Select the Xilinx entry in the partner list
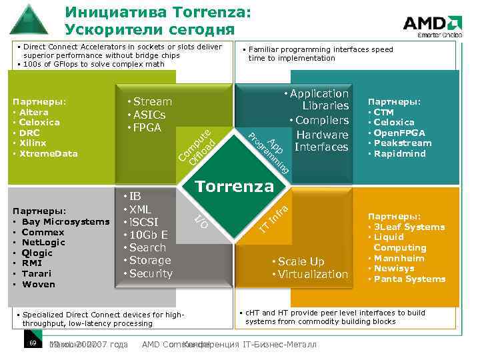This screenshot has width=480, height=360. [33, 143]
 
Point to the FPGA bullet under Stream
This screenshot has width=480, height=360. [149, 127]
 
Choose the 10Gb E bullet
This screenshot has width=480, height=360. [149, 235]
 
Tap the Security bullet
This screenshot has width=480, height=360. [151, 273]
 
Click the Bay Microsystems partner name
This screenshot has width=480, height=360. [65, 221]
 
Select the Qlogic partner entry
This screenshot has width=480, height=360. [37, 253]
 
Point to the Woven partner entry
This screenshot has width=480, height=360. [38, 284]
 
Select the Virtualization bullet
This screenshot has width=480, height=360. [313, 274]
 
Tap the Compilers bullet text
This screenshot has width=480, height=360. [322, 120]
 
